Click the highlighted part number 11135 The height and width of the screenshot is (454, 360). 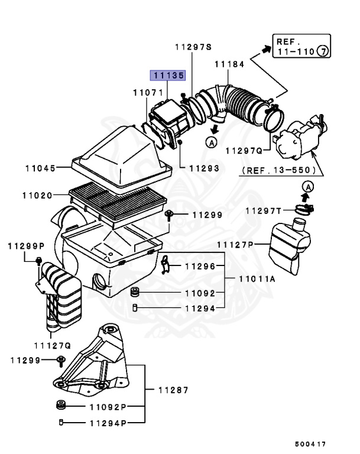coord(168,76)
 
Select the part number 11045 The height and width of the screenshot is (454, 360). coord(40,168)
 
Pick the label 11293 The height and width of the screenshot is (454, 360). coord(204,168)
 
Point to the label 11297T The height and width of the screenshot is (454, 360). coord(264,210)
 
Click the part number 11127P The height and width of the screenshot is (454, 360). coord(235,244)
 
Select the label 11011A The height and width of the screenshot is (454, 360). coord(258,279)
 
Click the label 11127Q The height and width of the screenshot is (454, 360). coord(52,345)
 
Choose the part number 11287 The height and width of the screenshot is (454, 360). coord(173,390)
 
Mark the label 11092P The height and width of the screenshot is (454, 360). coord(109,407)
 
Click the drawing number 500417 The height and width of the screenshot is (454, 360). coord(310,443)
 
